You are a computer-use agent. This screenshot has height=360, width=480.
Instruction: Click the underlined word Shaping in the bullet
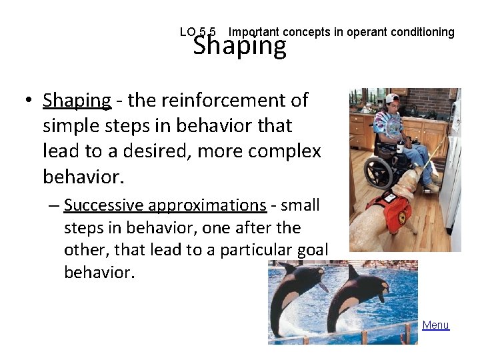tap(77, 100)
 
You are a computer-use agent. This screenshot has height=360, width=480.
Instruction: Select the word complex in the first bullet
tap(288, 151)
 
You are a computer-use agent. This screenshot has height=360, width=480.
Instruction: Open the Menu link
tap(435, 325)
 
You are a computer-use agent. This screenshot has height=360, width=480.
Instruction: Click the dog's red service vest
tap(393, 208)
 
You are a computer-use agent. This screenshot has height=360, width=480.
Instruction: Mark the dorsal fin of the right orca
tap(383, 288)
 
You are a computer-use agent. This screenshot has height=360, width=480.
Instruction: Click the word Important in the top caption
tap(255, 32)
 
